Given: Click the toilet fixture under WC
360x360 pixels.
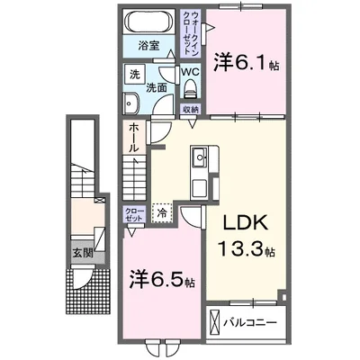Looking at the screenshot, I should click(190, 89).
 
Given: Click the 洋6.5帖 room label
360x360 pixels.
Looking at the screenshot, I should click(159, 281).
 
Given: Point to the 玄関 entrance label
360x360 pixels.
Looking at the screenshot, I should click(83, 254).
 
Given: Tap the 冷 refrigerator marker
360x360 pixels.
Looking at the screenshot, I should click(162, 214).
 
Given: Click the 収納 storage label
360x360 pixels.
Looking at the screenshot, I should click(189, 109).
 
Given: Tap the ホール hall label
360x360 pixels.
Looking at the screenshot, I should click(131, 136).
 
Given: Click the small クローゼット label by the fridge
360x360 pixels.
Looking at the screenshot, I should click(134, 215).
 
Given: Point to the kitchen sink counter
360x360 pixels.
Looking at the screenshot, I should click(200, 168).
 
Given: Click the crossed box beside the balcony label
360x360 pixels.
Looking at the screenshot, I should click(213, 321).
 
